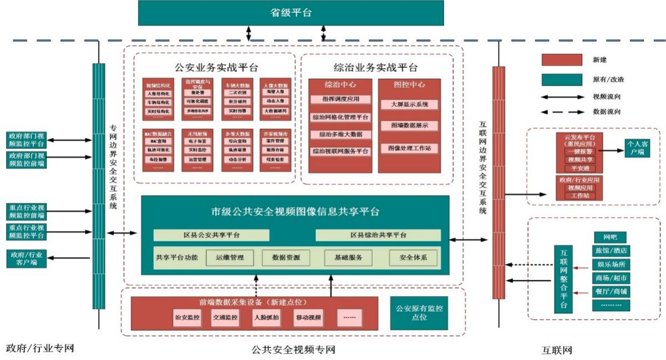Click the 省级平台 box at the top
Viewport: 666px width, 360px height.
coord(291,13)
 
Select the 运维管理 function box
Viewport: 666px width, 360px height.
coord(229,258)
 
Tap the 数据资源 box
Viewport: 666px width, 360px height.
coord(286,258)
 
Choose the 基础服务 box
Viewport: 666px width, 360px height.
coord(348,258)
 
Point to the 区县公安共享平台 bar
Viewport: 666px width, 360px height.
coord(211,235)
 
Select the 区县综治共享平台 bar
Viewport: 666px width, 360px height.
coord(378,235)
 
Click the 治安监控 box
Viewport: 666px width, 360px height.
coord(187,318)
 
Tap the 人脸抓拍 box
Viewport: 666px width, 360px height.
coord(267,318)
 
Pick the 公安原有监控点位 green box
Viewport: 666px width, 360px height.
coord(419,313)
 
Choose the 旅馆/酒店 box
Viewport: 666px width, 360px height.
coord(611,251)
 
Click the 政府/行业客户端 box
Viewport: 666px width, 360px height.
coord(26,258)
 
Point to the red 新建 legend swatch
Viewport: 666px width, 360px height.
coord(562,60)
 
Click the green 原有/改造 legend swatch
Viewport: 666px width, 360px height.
coord(562,79)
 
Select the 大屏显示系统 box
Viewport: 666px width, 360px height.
coord(409,104)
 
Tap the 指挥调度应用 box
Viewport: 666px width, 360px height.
coord(340,99)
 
